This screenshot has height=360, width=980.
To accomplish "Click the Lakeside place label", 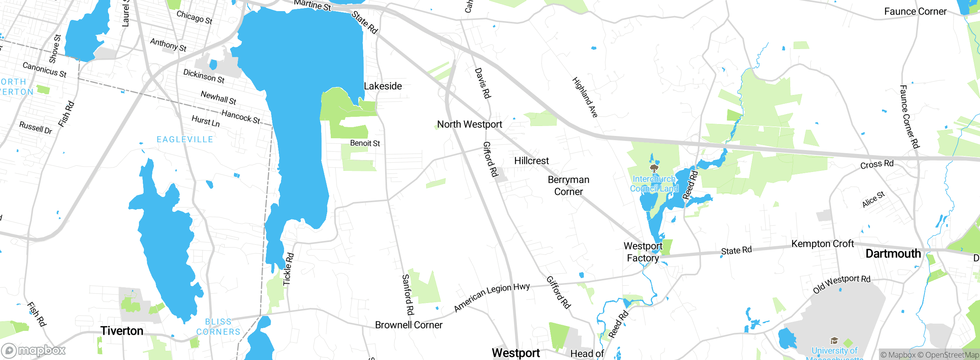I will tap(383, 86).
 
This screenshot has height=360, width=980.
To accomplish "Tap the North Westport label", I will tap(470, 124).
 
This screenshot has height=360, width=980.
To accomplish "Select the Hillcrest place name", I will tap(531, 161).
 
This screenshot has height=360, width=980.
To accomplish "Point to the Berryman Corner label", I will tap(568, 186).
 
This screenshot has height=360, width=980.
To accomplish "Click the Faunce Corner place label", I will tap(915, 11).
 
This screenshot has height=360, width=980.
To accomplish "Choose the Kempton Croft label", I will tap(823, 244).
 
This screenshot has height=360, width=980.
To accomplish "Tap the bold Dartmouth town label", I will tap(893, 254).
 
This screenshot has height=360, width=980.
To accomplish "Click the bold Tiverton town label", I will tap(122, 331).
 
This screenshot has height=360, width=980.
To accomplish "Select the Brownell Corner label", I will tap(408, 325).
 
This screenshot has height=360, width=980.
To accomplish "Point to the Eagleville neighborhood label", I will tap(185, 139).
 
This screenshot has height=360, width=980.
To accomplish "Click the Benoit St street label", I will tap(365, 143).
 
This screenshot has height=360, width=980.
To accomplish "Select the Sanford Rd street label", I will tap(408, 295).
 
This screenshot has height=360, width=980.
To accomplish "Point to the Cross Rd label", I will tap(877, 164).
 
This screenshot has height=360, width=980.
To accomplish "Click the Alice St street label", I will tap(873, 200).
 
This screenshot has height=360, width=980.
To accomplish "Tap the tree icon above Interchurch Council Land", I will tap(654, 169).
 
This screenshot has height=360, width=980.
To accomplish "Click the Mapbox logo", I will tap(34, 350).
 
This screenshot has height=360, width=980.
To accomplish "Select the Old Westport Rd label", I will tap(842, 284).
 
